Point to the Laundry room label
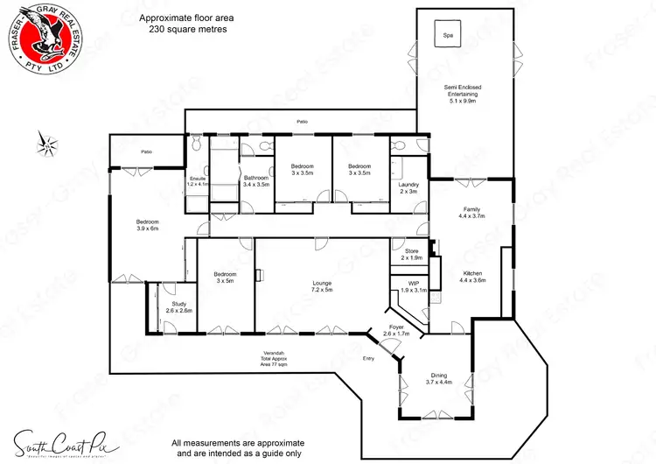tap(408, 187)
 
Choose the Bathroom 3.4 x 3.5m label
tap(256, 181)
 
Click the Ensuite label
tap(199, 181)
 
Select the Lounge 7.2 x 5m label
tap(323, 286)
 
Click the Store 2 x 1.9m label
tap(411, 255)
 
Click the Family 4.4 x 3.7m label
tap(472, 212)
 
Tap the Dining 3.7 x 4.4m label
tap(438, 378)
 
